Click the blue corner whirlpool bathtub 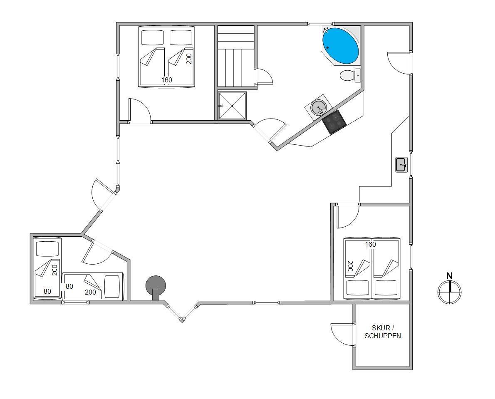pos(340,46)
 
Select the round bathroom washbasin pos(318,108)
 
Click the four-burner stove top pos(334,122)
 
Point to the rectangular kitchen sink pos(401,164)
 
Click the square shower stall pos(232,106)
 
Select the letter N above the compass pos(450,275)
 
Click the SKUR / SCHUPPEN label pos(383,332)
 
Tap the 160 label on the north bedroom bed pos(167,80)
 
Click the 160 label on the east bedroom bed pos(371,244)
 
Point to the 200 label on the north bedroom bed pos(189,59)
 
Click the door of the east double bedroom pos(347,216)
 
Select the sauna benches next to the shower pos(236,56)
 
